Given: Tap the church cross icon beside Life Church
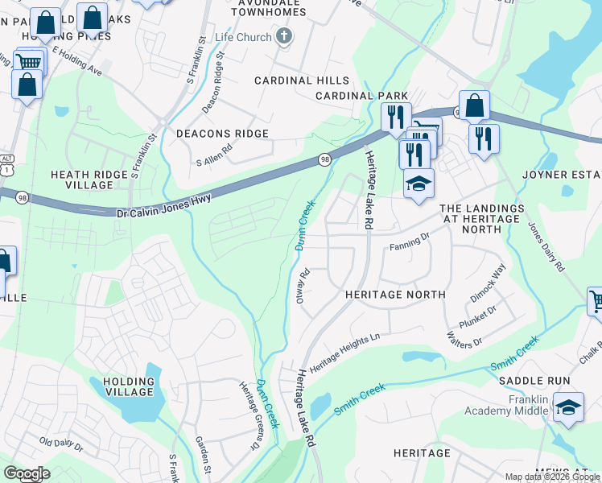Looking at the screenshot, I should [x=283, y=36].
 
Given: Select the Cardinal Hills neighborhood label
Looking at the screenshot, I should [x=302, y=80].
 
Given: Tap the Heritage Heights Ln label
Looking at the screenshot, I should [x=344, y=353].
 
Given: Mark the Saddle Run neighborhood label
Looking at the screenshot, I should [x=534, y=381].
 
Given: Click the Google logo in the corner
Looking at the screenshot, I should [x=26, y=473].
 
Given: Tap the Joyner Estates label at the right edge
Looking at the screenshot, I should [x=572, y=175].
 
